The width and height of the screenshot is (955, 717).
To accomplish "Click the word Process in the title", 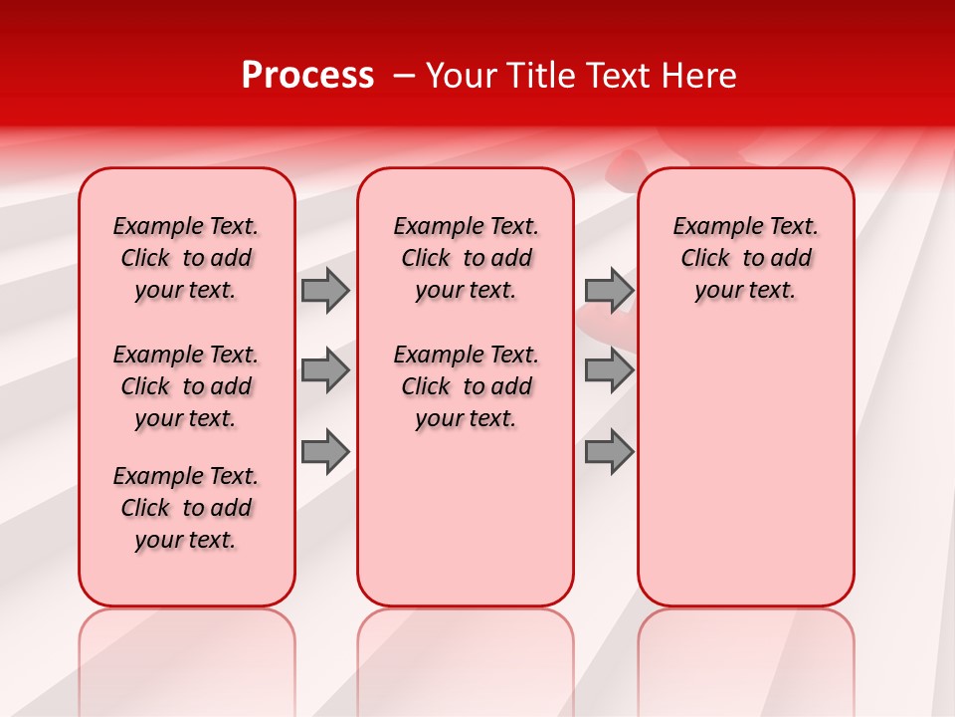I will coord(307,76).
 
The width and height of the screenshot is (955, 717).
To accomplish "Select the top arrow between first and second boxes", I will coord(325,290).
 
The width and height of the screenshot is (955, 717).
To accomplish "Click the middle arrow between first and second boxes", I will coord(325,370).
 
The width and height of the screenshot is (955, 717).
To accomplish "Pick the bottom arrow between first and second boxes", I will coord(325,451).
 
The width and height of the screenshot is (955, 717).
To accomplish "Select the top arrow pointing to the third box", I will coord(609,290).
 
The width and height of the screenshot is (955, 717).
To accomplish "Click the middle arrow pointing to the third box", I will coord(609,370).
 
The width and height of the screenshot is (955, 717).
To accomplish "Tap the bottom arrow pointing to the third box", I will coord(609,451).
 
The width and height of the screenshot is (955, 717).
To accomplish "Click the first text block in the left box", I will coord(186,258).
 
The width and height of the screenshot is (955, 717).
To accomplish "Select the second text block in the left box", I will coord(186,386).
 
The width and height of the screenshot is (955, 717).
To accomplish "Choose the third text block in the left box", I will coord(186,508).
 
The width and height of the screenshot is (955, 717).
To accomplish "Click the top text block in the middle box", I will coord(466,258).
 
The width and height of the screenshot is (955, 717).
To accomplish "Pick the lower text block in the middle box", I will coord(466,386).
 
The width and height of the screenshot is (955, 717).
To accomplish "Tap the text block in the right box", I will coord(746,258).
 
